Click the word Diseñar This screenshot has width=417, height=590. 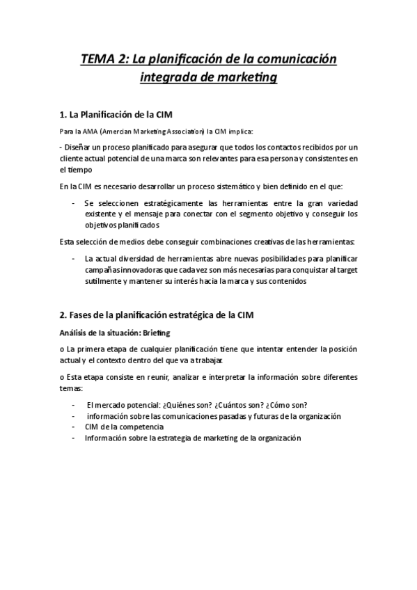pyautogui.click(x=79, y=147)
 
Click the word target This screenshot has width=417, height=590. pyautogui.click(x=346, y=270)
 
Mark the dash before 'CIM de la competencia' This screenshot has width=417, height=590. pyautogui.click(x=74, y=426)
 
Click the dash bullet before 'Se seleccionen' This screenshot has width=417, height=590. pyautogui.click(x=74, y=202)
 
